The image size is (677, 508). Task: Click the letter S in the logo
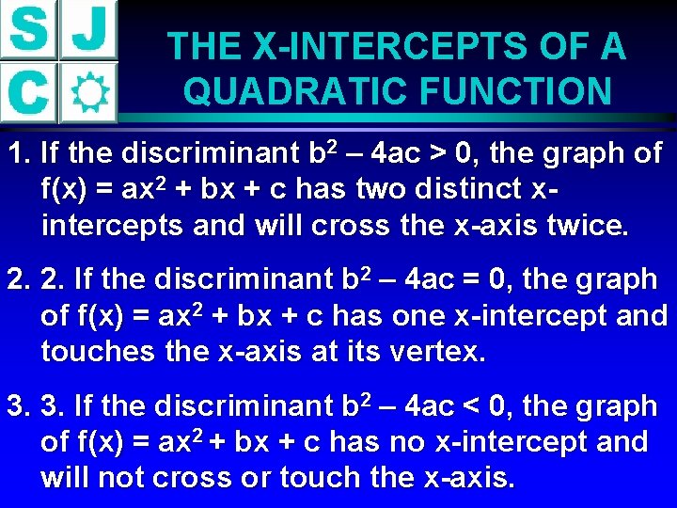click(x=29, y=31)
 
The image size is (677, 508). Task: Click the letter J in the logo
click(x=88, y=31)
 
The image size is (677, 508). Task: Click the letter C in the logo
click(x=29, y=91)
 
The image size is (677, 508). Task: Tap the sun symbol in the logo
click(x=88, y=92)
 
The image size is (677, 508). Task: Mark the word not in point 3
click(x=120, y=479)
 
